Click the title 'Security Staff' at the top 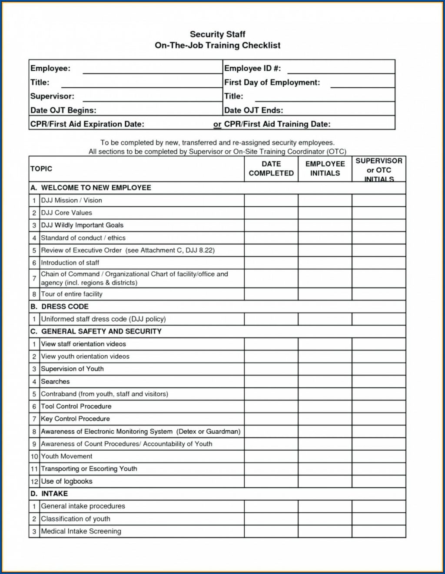218,34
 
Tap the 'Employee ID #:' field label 252,68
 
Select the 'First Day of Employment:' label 272,82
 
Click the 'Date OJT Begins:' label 63,110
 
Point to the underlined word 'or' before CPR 217,124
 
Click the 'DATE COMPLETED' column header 271,168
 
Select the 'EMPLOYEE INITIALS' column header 325,168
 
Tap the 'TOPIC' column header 41,168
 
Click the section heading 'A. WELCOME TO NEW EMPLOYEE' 91,188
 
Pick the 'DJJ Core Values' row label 66,213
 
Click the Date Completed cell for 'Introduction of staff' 271,263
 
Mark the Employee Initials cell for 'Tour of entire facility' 325,294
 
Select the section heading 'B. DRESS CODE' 59,307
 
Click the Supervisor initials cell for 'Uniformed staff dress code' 379,319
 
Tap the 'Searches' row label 55,382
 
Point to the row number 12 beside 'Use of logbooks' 34,482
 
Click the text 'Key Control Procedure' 75,419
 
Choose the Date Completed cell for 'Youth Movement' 271,456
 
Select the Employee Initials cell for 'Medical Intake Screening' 325,531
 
